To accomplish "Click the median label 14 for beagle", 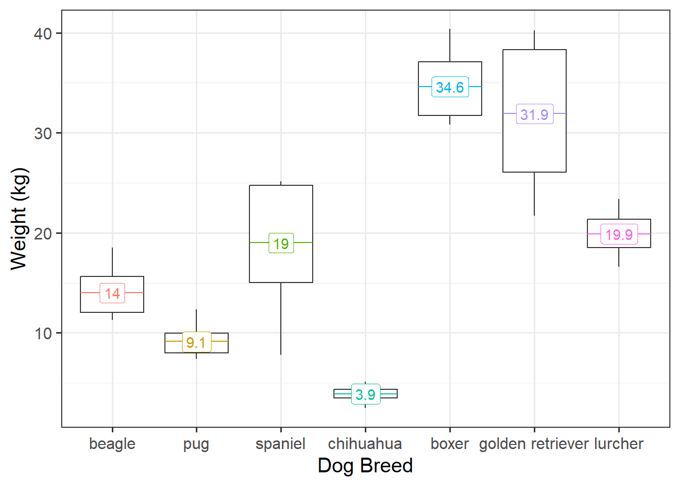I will (x=112, y=293).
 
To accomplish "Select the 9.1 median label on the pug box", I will (x=196, y=342).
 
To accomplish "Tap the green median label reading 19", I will (x=281, y=244).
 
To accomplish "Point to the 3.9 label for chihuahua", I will (x=365, y=394).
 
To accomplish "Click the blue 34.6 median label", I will (x=450, y=87).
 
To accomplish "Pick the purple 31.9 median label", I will (x=534, y=114).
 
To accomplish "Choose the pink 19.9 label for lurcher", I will (x=619, y=234).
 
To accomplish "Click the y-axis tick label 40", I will (x=43, y=34).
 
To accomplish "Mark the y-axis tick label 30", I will (x=43, y=134).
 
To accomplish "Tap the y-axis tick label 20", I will (x=43, y=233).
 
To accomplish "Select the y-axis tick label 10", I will (x=43, y=334).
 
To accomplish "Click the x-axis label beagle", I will (x=112, y=444).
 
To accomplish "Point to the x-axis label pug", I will (x=196, y=444).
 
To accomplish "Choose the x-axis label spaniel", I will (x=281, y=444).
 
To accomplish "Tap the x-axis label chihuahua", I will (x=365, y=444).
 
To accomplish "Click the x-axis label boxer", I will (x=450, y=444).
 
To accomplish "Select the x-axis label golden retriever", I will (x=534, y=444).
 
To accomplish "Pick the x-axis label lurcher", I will (x=619, y=444).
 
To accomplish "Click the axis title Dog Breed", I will (x=365, y=466).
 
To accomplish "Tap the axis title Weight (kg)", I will (x=19, y=219).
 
